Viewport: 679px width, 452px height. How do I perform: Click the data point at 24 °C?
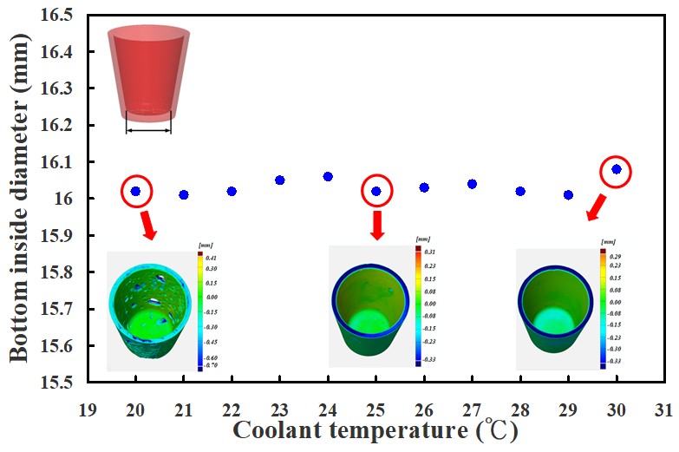328,176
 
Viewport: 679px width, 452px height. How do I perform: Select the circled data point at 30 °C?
617,169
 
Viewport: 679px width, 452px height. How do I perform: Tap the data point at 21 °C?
183,195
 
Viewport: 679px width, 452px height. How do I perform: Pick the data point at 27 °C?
472,184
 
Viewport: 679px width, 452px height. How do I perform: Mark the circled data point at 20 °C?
135,191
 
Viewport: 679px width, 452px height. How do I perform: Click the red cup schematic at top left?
148,74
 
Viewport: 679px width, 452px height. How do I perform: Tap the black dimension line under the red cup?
148,131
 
